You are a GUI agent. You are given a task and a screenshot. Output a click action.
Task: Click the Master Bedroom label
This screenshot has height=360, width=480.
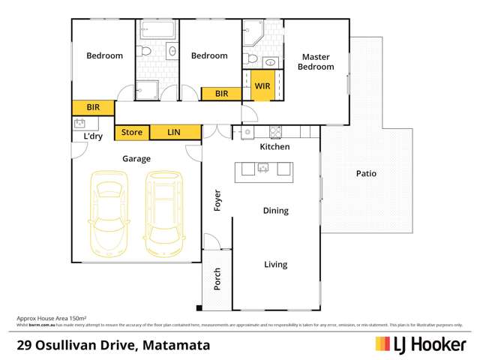(x=316, y=61)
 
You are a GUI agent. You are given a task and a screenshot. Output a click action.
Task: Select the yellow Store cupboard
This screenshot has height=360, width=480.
(x=132, y=133)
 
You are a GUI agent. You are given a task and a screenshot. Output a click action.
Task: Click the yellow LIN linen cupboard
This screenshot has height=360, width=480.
(x=174, y=133)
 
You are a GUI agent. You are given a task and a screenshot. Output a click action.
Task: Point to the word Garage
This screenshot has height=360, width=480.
(x=137, y=159)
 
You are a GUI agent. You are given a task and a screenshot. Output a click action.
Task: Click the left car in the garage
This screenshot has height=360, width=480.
(x=109, y=213)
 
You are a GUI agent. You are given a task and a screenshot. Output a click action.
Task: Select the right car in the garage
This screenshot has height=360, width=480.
(x=164, y=213)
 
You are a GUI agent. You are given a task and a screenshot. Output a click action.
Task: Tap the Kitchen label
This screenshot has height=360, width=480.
(x=274, y=148)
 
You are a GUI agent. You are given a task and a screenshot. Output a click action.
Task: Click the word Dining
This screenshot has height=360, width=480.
(x=275, y=211)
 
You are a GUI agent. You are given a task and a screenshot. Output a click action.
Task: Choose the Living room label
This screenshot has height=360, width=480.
(x=275, y=265)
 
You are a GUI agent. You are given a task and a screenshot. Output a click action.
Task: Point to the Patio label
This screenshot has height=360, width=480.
(x=366, y=173)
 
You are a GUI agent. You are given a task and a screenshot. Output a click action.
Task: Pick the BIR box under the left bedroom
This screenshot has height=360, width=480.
(x=93, y=108)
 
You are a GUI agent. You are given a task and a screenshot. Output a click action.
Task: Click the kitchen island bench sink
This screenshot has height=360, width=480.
(x=263, y=169)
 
